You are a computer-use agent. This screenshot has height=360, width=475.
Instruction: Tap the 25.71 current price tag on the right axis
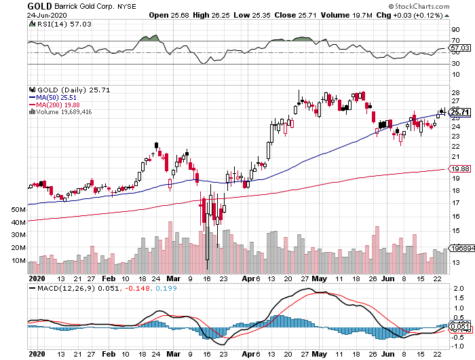click(x=459, y=112)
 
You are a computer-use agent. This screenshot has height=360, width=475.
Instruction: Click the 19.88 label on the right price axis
click(x=459, y=169)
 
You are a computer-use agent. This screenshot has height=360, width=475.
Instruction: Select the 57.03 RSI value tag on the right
click(x=459, y=48)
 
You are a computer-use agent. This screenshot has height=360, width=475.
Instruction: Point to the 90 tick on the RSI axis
click(x=455, y=30)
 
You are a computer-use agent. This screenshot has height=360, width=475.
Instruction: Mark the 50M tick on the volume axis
click(x=18, y=211)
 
